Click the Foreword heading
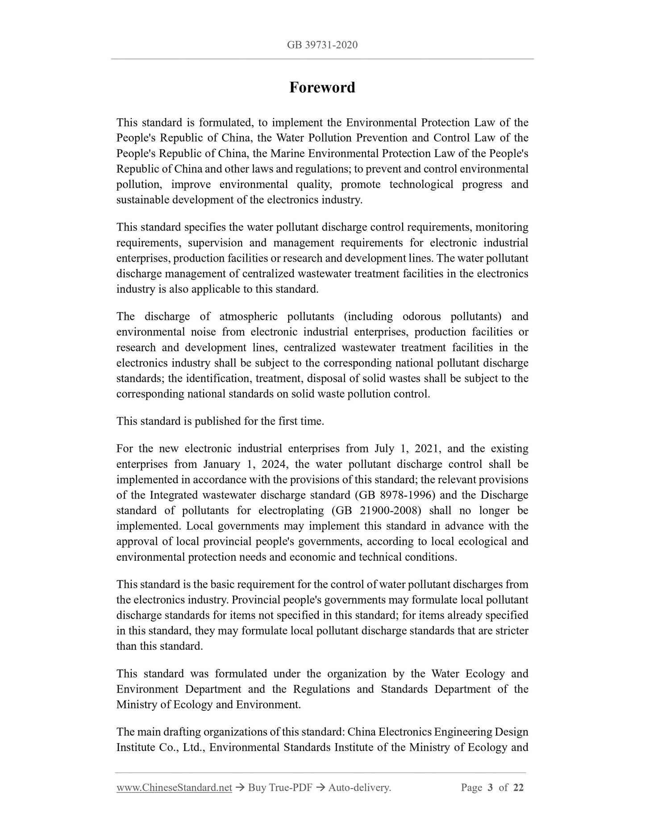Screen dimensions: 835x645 click(322, 87)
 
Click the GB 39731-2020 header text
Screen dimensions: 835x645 click(322, 45)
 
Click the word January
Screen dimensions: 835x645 click(222, 464)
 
